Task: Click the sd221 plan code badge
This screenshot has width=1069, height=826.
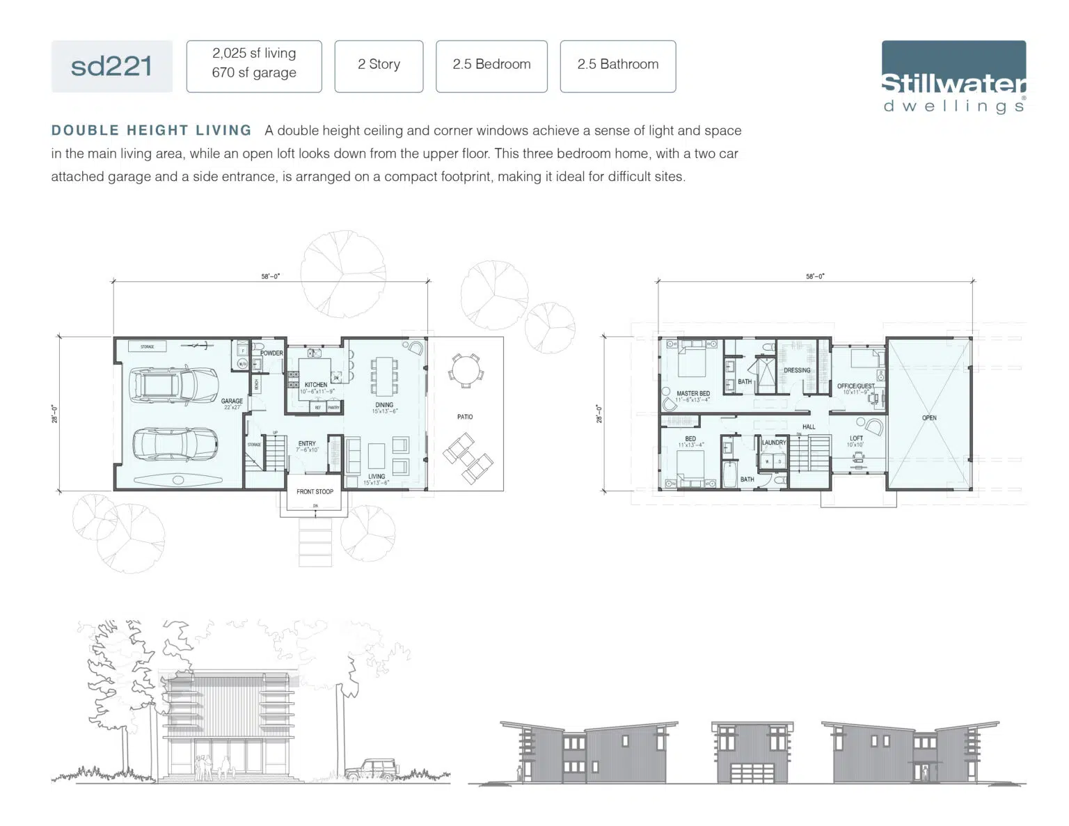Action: [111, 66]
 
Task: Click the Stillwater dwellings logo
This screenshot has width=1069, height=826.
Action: [953, 77]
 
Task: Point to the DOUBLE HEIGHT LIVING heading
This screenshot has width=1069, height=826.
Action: [151, 131]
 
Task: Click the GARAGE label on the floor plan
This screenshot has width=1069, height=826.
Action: [232, 401]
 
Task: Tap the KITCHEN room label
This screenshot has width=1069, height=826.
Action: [316, 384]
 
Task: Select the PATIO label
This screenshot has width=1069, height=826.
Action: [465, 417]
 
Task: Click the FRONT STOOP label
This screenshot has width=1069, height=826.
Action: [315, 491]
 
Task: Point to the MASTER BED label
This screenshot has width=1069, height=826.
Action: [693, 393]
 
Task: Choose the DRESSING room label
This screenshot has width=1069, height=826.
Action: [797, 370]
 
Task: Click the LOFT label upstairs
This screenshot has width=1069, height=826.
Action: [856, 438]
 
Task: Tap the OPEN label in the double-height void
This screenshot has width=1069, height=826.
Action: [929, 418]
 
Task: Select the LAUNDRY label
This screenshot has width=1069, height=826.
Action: [774, 443]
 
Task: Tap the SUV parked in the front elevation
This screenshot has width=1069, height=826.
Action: [371, 768]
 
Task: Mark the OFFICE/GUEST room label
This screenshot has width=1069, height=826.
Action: [856, 386]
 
